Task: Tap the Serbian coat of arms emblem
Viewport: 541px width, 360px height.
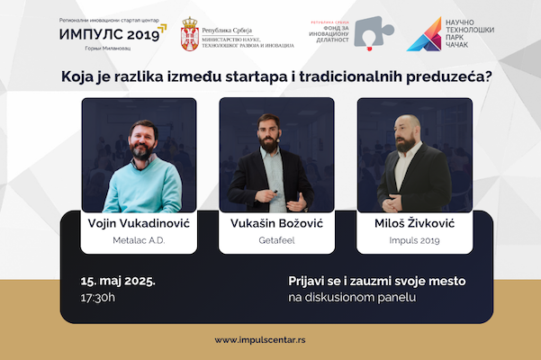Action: (191, 33)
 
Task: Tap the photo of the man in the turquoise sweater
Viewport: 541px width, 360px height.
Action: (139, 155)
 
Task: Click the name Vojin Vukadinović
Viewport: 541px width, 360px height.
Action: (139, 222)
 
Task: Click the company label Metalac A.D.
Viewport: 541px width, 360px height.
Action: (139, 242)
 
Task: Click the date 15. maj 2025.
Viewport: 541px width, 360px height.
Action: (118, 281)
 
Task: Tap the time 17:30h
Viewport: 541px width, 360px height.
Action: (98, 297)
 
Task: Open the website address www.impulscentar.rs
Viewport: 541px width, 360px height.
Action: (270, 340)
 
